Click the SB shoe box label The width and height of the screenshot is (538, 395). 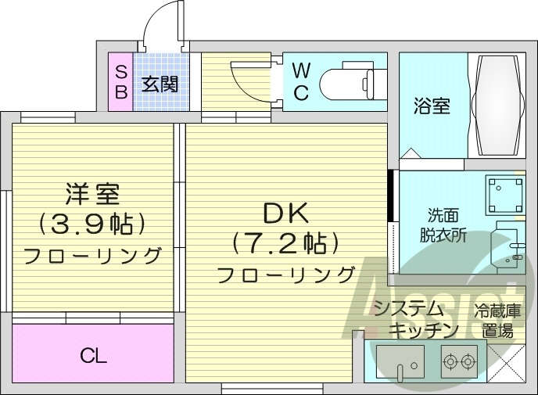120,81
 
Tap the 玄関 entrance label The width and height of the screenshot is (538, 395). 160,84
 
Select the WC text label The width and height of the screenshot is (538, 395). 301,81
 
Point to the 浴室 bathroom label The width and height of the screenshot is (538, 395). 431,106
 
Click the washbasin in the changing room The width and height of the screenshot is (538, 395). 509,247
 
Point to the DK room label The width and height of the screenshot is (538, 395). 286,212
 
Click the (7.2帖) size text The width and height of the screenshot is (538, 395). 285,242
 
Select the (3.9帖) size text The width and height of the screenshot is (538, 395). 92,225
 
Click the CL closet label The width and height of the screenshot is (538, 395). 93,357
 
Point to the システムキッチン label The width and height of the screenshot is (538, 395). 414,319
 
